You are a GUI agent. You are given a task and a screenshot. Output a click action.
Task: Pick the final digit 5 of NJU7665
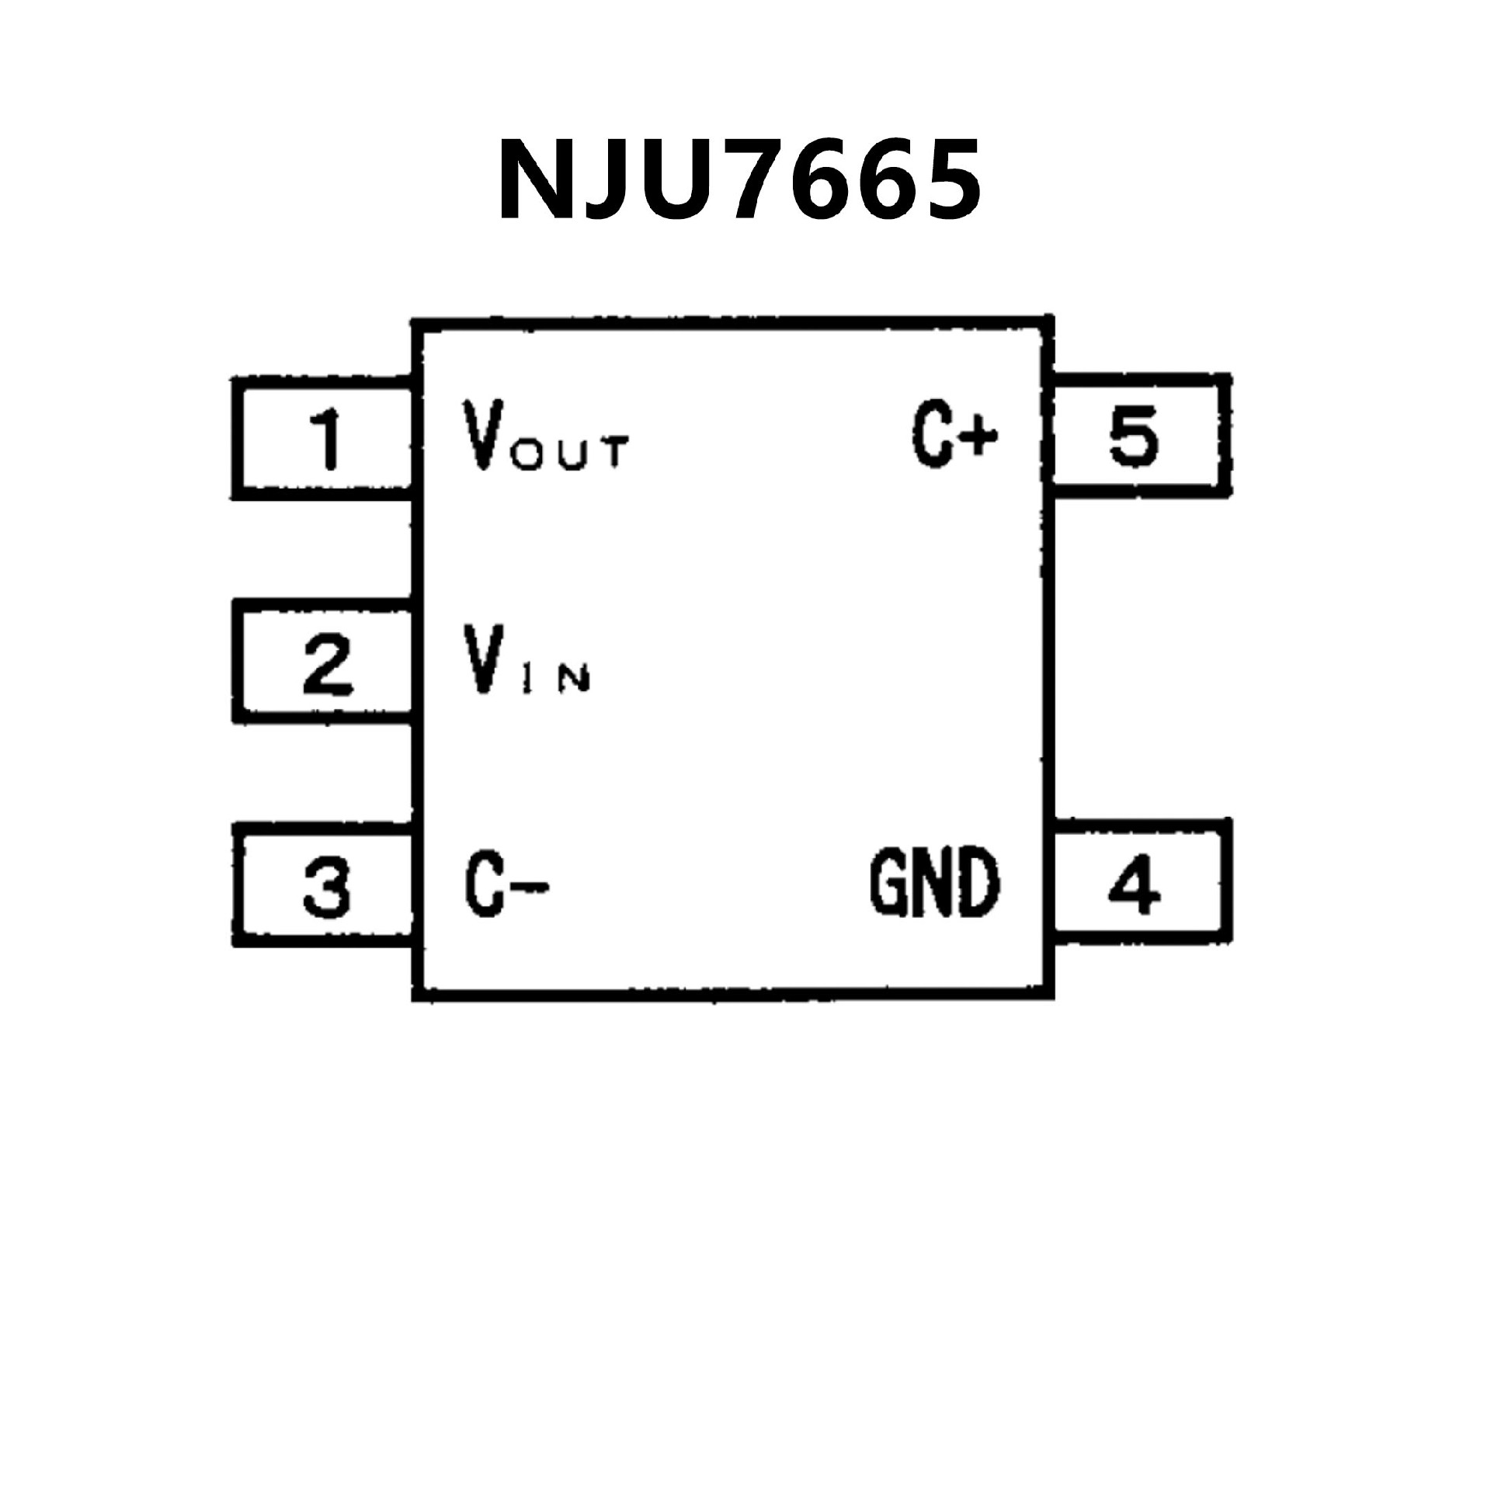coord(941,180)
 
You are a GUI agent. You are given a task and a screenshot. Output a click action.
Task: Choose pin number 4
coord(1135,886)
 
